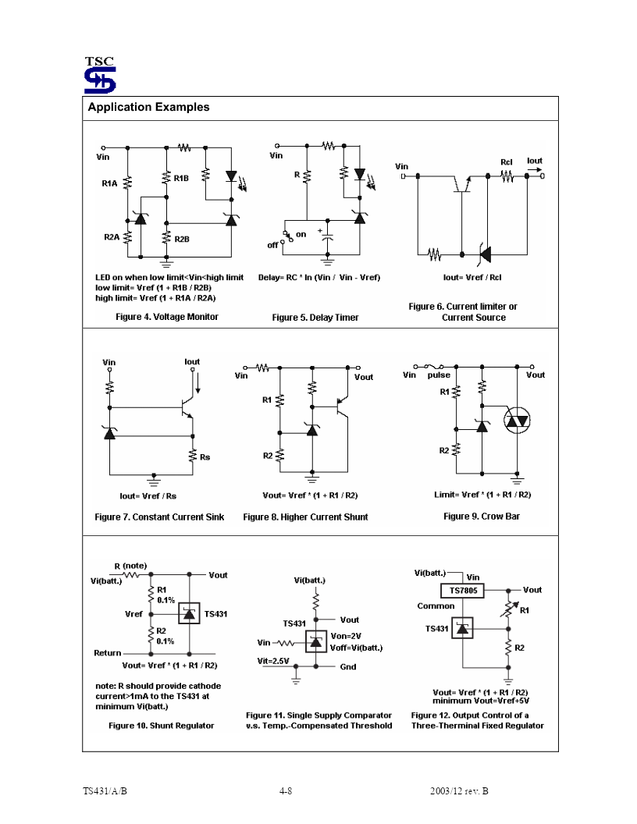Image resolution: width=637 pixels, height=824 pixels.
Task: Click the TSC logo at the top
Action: coord(100,75)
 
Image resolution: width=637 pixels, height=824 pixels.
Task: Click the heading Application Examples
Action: coord(149,107)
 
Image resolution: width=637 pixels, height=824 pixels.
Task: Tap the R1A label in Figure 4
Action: coord(109,183)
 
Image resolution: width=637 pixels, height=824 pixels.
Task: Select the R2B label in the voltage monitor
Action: coord(182,239)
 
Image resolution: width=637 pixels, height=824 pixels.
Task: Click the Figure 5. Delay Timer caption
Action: coord(315,318)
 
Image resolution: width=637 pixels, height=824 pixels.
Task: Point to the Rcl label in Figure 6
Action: coord(506,162)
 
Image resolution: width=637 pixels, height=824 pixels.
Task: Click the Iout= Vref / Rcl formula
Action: coord(472,278)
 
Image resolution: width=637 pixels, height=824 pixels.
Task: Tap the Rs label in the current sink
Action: coord(205,457)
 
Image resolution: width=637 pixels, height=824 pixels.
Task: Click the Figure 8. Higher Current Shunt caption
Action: coord(305,517)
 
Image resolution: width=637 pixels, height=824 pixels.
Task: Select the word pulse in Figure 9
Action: coord(439,375)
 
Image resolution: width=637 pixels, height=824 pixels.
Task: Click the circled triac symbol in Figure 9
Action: coord(517,421)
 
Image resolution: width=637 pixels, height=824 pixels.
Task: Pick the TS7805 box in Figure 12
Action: coord(463,591)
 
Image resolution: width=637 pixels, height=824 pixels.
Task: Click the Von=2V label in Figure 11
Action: coord(346,636)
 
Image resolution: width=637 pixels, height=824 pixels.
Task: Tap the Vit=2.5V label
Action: coord(272,661)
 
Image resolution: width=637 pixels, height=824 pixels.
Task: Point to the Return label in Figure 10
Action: coord(107,652)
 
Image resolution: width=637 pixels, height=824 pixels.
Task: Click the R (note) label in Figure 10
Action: coord(130,566)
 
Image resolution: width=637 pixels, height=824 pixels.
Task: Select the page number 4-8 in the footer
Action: coord(286,791)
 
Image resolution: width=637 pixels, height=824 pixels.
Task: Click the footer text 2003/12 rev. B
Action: coord(459,791)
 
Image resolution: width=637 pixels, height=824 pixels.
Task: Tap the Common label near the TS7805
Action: coord(436,606)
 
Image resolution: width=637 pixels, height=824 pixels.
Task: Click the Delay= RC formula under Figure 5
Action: coord(319,278)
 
